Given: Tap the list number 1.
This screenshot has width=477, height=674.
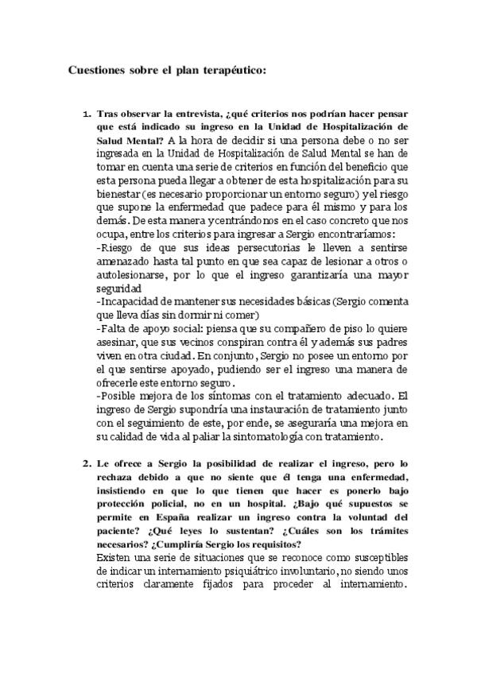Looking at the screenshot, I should [87, 114].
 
